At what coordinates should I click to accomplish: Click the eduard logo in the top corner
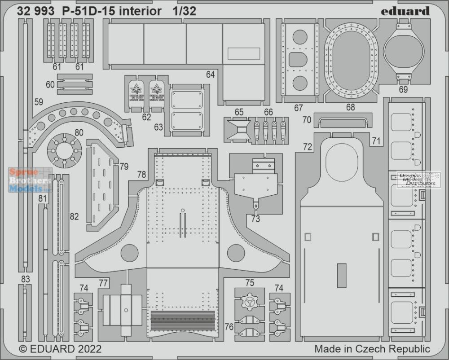pos(405,11)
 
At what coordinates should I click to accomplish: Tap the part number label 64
pos(210,75)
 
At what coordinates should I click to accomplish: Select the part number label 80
pos(79,132)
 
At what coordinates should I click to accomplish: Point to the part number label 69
pos(403,90)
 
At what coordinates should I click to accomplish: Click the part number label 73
pos(255,219)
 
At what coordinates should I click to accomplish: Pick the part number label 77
pos(103,283)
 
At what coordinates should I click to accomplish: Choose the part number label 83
pos(25,279)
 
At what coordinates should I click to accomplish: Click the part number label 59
pos(39,102)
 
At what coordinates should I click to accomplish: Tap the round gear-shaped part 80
pos(64,150)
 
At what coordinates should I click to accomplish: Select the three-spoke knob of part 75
pos(250,302)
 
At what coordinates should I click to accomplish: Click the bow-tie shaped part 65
pos(238,130)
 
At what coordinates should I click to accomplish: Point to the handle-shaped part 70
pos(343,122)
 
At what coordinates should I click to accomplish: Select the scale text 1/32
pos(185,11)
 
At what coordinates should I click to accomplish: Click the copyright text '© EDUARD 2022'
pos(60,349)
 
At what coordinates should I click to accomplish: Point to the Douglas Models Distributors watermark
pos(418,180)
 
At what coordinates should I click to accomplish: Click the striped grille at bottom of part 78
pos(183,321)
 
